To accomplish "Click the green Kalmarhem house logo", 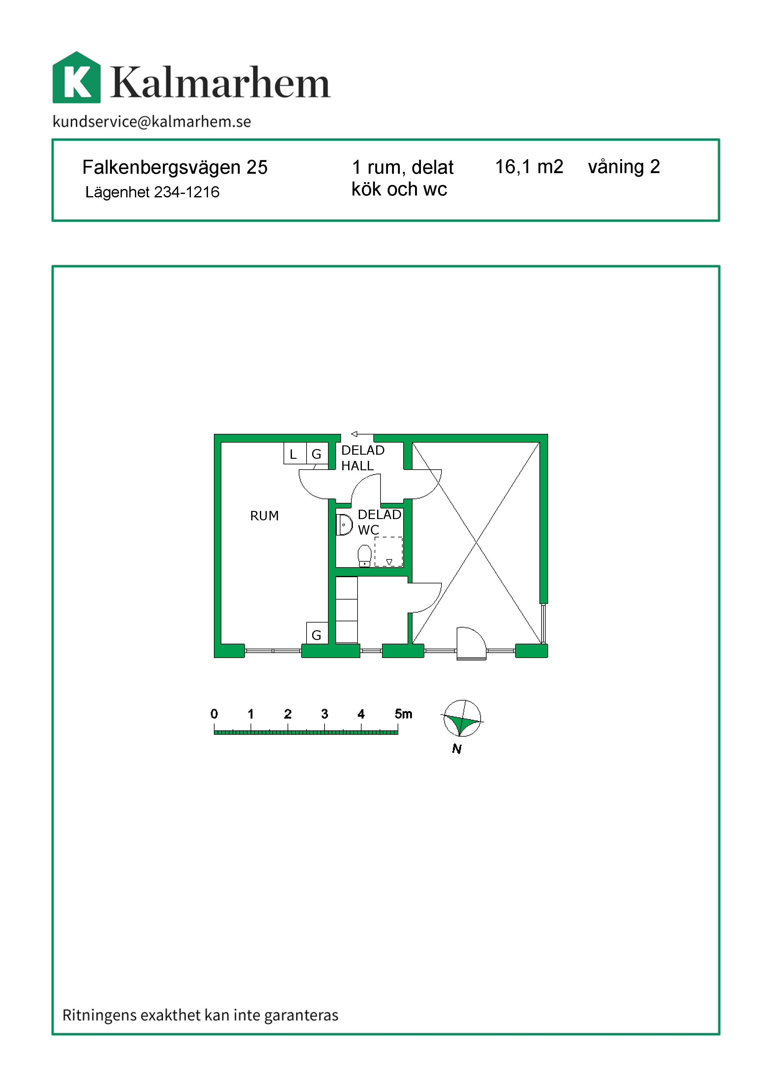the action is click(x=76, y=77).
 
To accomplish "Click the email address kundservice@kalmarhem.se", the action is click(x=152, y=122).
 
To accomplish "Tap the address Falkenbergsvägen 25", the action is click(x=175, y=168).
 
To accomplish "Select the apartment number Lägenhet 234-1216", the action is click(x=152, y=192).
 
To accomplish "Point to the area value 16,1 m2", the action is click(x=529, y=167).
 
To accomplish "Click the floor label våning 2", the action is click(x=624, y=167).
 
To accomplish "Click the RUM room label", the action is click(x=265, y=516).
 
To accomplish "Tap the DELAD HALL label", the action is click(x=363, y=458).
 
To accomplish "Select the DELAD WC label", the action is click(x=379, y=522).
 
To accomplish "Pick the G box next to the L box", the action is click(x=317, y=453).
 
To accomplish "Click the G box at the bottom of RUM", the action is click(x=317, y=633).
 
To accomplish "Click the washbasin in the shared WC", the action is click(x=344, y=525).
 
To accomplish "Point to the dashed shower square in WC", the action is click(x=388, y=552).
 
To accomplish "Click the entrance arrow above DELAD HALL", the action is click(x=362, y=434).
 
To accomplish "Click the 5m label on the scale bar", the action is click(x=403, y=714).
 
